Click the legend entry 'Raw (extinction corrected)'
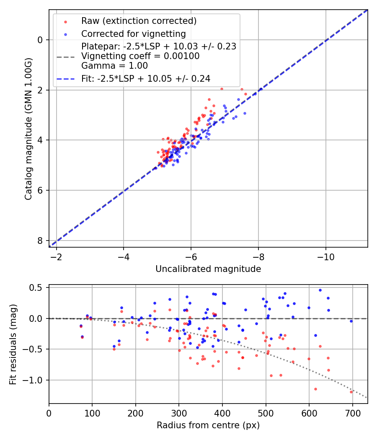139,21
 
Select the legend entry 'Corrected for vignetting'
133,34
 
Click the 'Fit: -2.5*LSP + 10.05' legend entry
145,78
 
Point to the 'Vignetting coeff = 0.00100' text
140,56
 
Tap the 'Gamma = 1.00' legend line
114,66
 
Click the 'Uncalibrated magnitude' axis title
208,269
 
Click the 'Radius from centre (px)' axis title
208,425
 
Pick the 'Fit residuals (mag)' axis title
13,344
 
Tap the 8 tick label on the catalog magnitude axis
40,241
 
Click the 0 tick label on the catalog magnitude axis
40,40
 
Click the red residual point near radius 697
351,392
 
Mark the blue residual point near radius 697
351,321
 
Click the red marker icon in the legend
65,21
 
